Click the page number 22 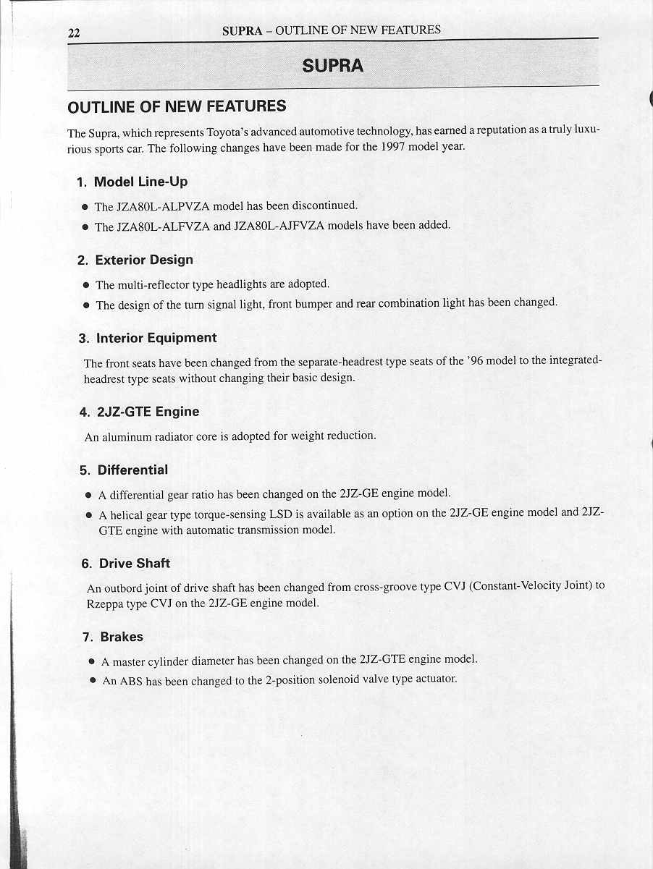[x=73, y=33]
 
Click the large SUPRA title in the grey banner [x=333, y=66]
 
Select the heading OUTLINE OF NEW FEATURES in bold [x=177, y=107]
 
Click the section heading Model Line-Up [x=141, y=182]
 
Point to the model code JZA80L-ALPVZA [x=154, y=207]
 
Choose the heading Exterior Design [x=144, y=260]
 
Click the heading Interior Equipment [x=156, y=338]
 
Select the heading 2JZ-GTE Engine [x=148, y=412]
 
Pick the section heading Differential [x=132, y=470]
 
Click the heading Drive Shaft [x=135, y=563]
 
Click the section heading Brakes [x=122, y=637]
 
